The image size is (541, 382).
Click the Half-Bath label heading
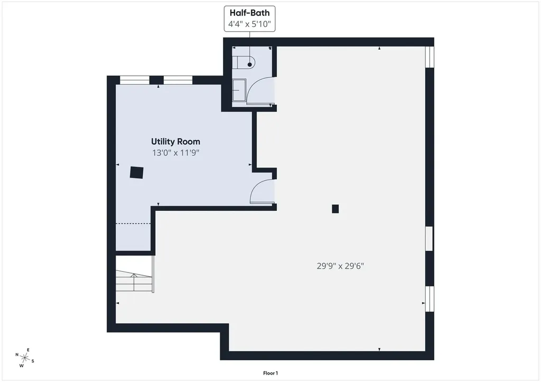(249, 13)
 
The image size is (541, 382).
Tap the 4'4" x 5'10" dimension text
(249, 24)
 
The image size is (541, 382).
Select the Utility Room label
(175, 142)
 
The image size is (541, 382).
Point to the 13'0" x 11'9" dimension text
(176, 153)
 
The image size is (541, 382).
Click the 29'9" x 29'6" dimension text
(341, 266)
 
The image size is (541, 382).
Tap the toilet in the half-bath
(244, 62)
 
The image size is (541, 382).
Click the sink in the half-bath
(239, 90)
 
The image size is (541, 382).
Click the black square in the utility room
(137, 173)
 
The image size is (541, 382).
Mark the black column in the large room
(335, 209)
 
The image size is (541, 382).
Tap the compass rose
(25, 358)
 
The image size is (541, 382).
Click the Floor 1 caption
(270, 373)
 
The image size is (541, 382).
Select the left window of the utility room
(134, 80)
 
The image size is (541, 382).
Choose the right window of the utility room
(178, 80)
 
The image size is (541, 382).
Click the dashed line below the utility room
(133, 223)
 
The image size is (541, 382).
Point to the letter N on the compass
(17, 355)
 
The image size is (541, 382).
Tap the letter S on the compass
(33, 361)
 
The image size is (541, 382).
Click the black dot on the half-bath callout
(249, 64)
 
